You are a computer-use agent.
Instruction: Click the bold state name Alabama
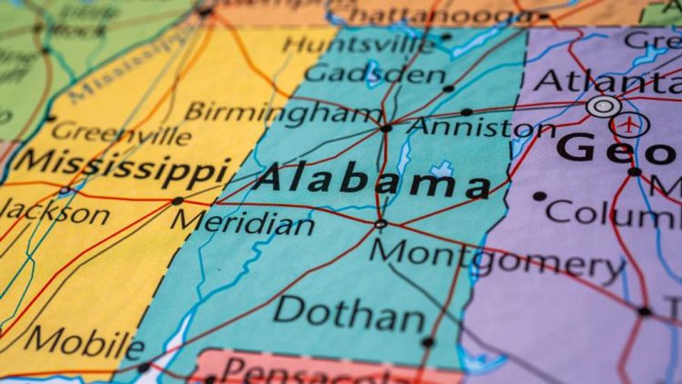coord(372,180)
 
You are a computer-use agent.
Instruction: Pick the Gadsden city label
coord(375,73)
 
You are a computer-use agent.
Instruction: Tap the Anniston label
coord(480,128)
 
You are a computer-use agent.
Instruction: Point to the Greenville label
coord(121,132)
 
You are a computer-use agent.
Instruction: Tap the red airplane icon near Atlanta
coord(629,125)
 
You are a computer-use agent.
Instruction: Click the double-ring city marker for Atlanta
coord(603,107)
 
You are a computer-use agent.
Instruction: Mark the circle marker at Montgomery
coord(380,224)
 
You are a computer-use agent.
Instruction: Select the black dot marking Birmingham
coord(386,128)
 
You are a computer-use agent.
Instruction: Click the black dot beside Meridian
coord(177,201)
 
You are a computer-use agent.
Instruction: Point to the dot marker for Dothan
coord(428,342)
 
